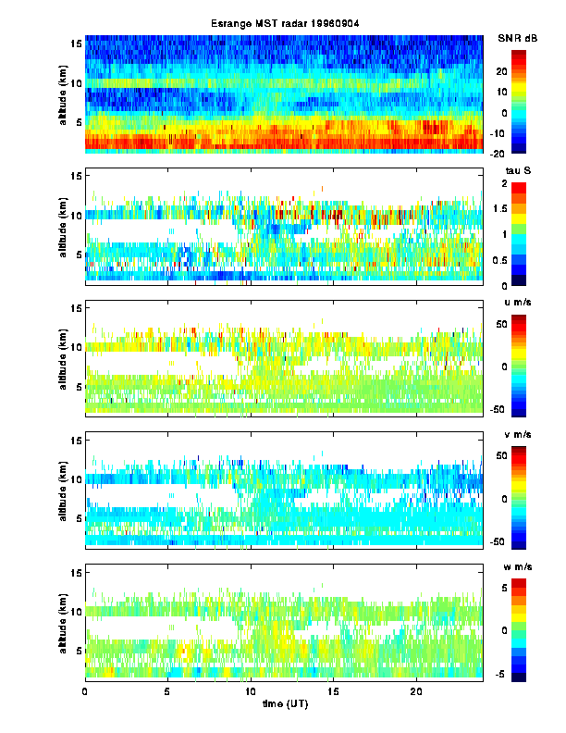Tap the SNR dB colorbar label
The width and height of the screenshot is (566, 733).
point(518,38)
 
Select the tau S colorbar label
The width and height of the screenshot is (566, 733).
point(514,171)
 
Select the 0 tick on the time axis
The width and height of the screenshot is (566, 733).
point(85,691)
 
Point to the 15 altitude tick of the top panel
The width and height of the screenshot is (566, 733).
point(77,43)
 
